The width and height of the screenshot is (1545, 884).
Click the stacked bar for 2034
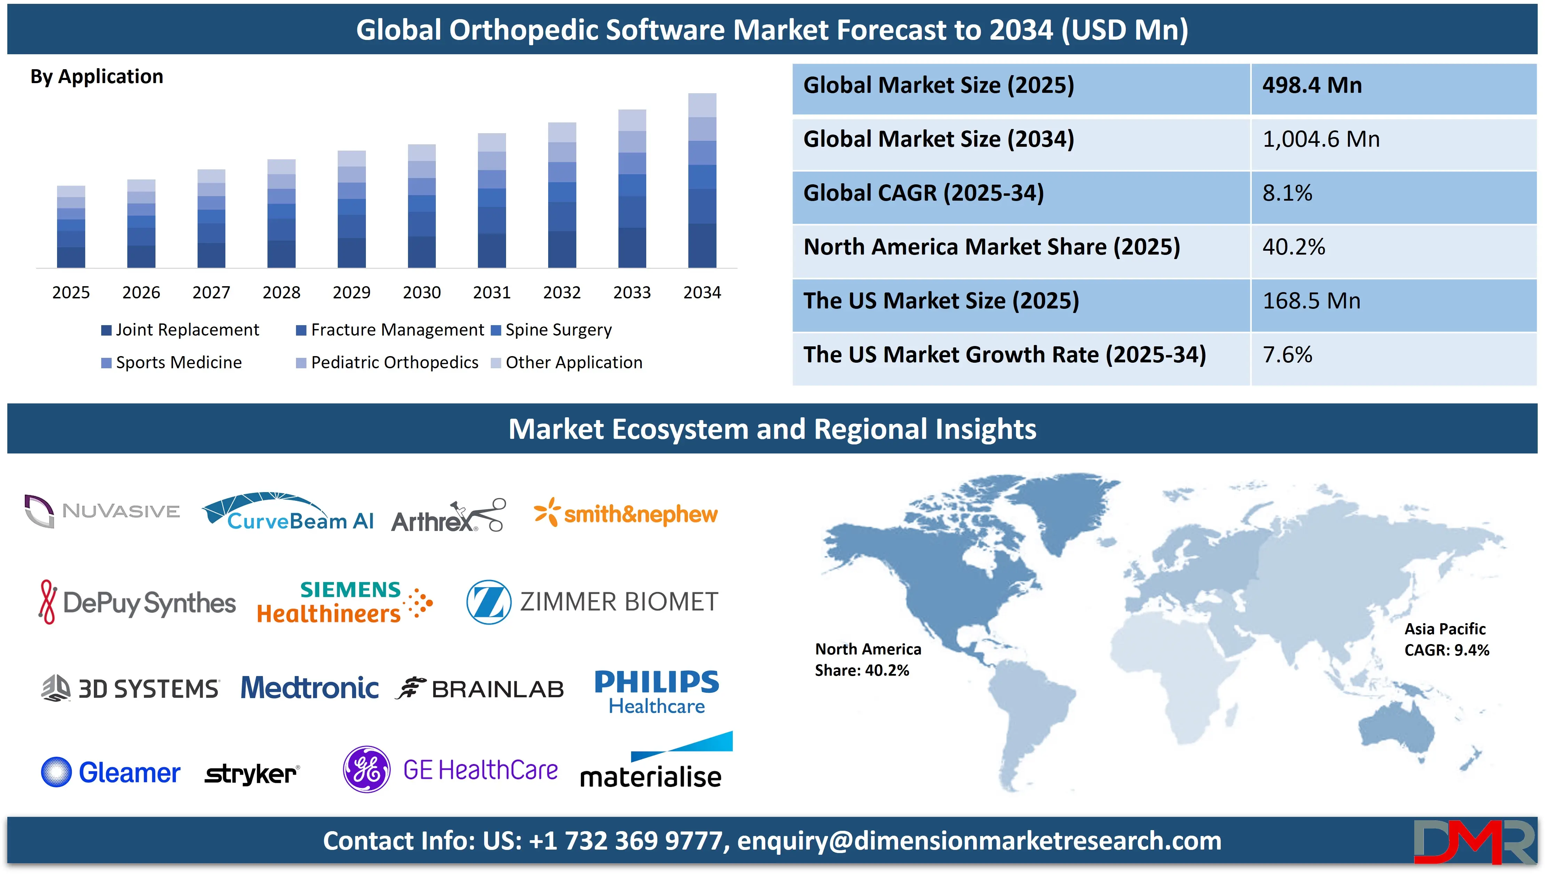click(702, 180)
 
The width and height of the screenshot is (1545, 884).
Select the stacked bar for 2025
click(71, 226)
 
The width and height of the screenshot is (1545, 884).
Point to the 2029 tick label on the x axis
click(352, 293)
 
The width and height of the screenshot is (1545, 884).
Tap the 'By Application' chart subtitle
click(97, 77)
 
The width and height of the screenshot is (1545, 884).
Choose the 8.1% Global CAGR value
click(1287, 193)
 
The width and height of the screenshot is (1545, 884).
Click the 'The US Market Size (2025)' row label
click(940, 301)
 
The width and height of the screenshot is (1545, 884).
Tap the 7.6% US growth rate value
click(1287, 355)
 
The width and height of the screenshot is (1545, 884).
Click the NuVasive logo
click(102, 511)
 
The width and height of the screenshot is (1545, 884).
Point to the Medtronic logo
click(310, 688)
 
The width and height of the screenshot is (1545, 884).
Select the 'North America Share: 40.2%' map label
click(867, 660)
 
